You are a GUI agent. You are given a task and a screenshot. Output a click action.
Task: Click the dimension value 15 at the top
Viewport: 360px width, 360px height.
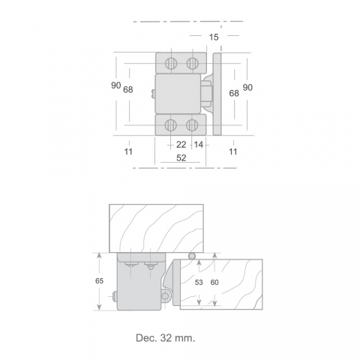coord(214,37)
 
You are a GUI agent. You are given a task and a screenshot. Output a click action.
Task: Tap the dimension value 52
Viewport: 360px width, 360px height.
coord(181,158)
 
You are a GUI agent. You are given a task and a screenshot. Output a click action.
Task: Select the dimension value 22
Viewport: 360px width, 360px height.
coord(181,145)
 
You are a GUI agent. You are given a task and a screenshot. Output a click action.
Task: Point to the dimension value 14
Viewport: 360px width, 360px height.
coord(199,145)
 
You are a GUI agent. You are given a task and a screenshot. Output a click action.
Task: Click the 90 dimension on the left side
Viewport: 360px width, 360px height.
coord(116,85)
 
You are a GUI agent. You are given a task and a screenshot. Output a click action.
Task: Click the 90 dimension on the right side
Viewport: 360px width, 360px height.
coord(247,88)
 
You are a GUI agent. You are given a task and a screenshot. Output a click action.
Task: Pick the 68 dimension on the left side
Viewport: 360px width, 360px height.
coord(128,89)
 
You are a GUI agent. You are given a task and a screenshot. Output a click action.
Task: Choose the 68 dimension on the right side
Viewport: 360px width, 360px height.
coord(234,93)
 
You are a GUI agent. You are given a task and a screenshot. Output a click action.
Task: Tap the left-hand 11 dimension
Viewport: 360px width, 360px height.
coord(128,151)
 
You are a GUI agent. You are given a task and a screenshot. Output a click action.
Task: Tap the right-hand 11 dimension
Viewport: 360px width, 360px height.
coord(233,151)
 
